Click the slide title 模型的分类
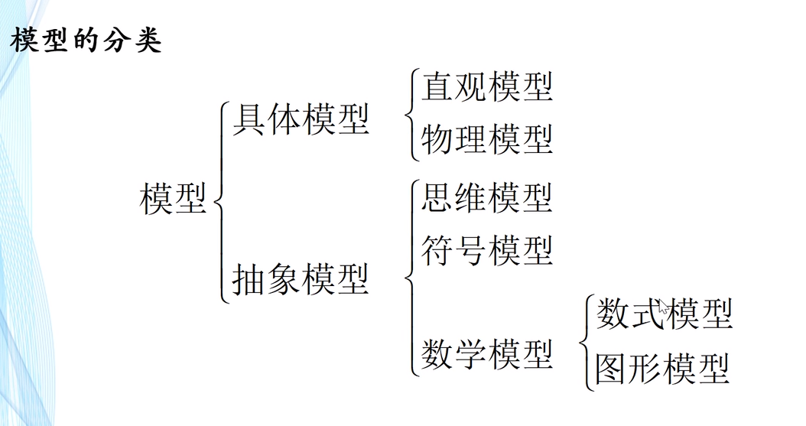(86, 40)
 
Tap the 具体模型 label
(301, 121)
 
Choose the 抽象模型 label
(301, 279)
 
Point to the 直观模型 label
(486, 87)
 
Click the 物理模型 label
(486, 140)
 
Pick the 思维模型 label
(486, 198)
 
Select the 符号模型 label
(486, 250)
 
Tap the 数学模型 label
(486, 354)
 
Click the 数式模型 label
(664, 314)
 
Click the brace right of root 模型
(220, 202)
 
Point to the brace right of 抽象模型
(411, 278)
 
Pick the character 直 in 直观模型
(437, 87)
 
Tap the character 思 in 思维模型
(437, 198)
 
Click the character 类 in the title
(147, 40)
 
